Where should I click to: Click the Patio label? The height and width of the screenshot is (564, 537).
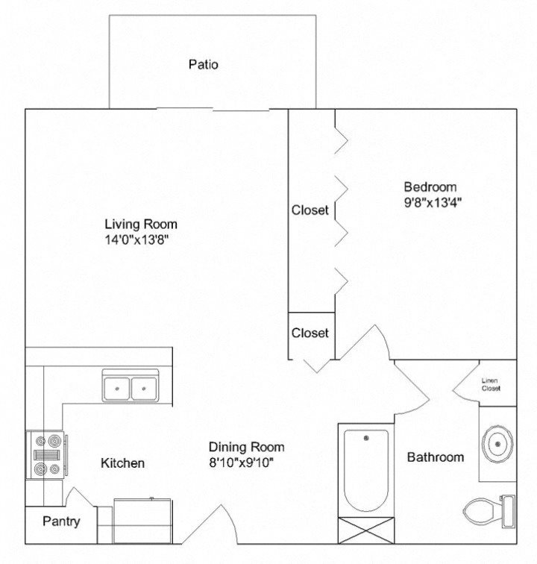tap(203, 65)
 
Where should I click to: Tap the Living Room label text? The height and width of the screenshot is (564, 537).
tap(141, 224)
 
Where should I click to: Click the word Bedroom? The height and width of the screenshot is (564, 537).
tap(430, 187)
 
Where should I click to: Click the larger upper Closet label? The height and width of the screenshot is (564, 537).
tap(310, 210)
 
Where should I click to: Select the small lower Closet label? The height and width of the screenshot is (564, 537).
tap(310, 333)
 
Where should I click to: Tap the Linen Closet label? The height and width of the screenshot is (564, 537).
tap(491, 384)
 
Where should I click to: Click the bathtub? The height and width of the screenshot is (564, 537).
tap(365, 470)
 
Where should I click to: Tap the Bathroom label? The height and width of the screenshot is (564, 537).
tap(436, 457)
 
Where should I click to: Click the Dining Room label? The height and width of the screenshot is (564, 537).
tap(246, 447)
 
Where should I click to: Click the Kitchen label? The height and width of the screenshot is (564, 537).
tap(122, 463)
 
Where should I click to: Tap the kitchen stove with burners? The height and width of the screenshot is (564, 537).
tap(46, 455)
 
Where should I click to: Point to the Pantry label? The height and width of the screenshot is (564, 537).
tap(61, 521)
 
